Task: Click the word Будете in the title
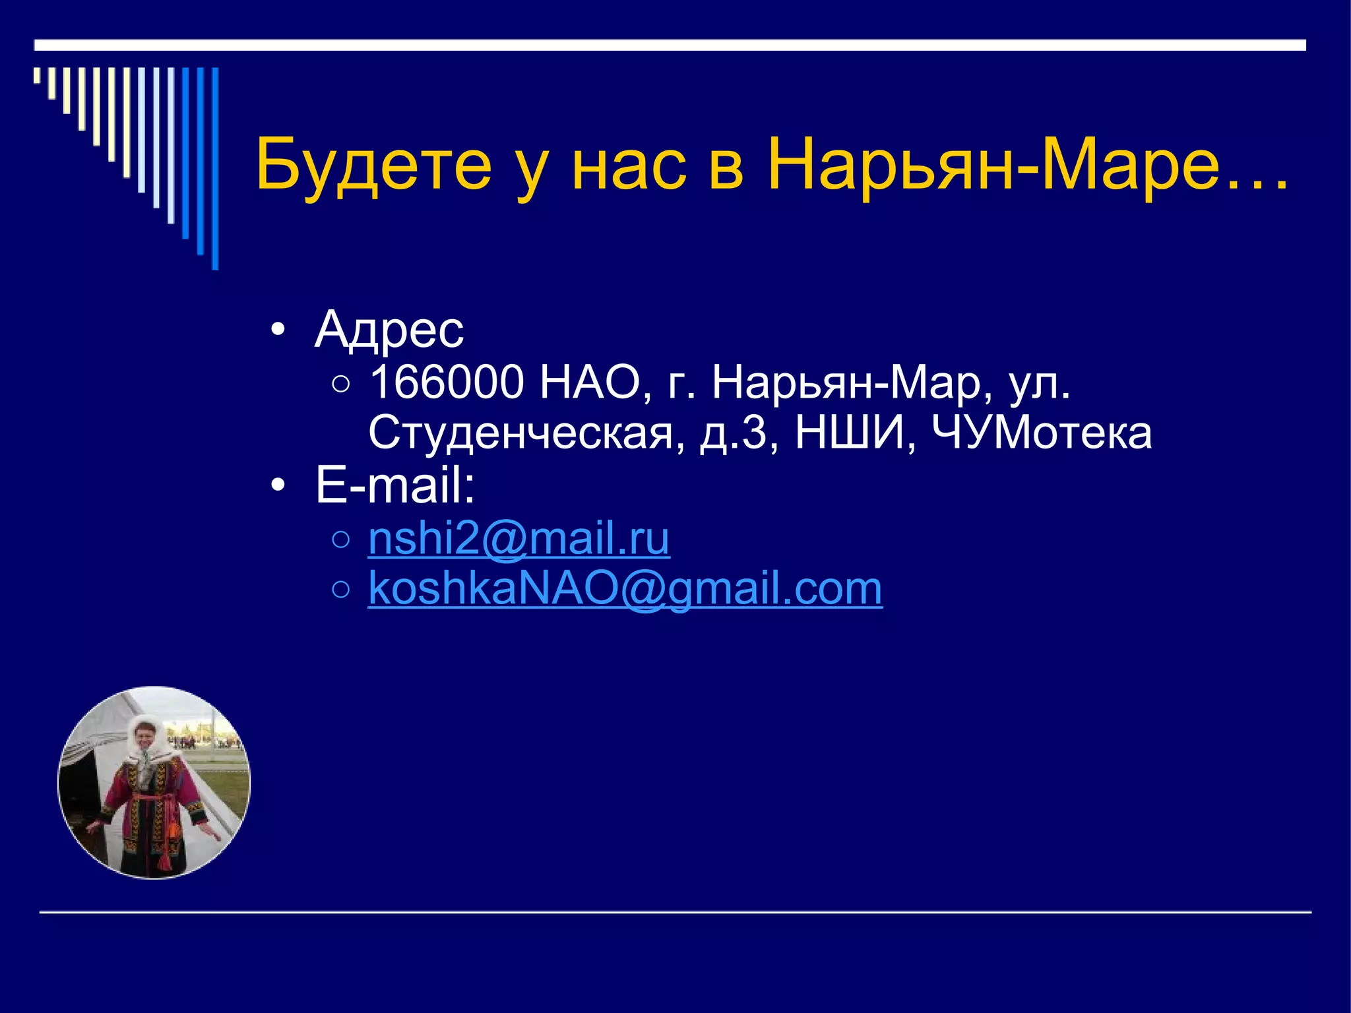[x=373, y=165]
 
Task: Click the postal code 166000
[x=447, y=383]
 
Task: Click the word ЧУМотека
[x=1042, y=433]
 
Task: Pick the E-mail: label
[x=395, y=485]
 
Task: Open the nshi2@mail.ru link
[x=518, y=539]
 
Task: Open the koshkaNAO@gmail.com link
[x=625, y=588]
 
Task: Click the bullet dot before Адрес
[x=278, y=329]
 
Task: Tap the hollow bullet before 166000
[x=341, y=384]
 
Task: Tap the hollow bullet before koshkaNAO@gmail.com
[x=341, y=590]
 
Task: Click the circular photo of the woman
[x=154, y=783]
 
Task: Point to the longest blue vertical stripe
[x=214, y=168]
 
